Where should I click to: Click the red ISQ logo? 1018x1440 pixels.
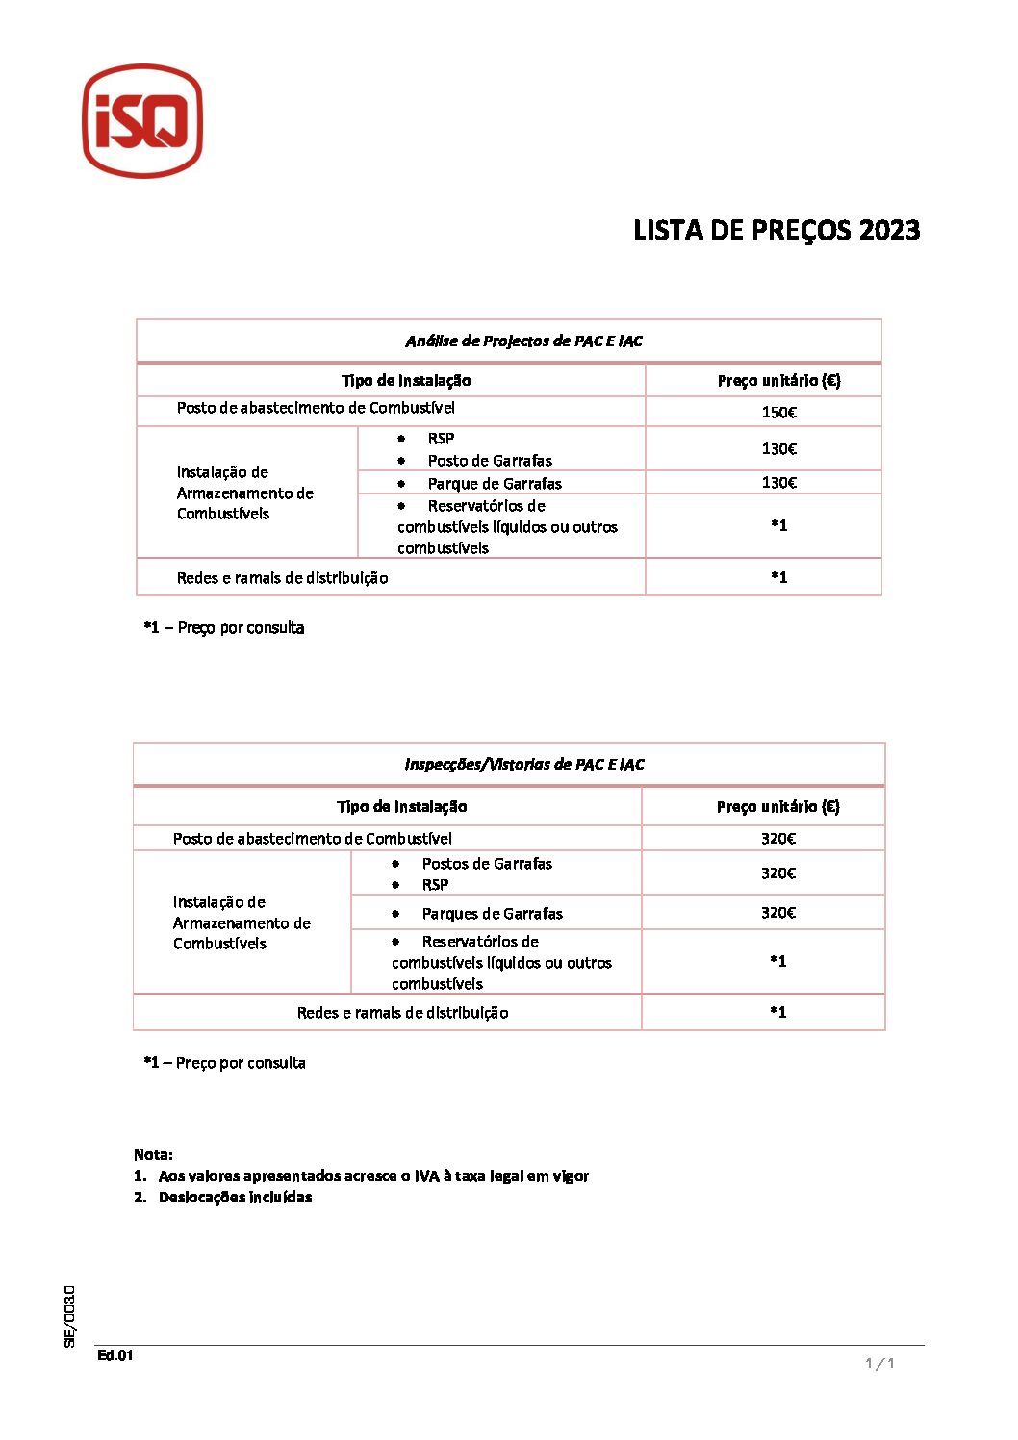142,121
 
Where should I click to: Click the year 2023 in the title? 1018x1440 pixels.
889,231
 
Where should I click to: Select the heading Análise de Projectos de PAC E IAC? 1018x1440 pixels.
523,341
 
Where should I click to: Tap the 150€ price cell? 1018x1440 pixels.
778,413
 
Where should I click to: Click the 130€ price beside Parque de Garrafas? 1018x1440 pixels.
778,483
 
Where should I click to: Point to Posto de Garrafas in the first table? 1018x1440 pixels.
490,461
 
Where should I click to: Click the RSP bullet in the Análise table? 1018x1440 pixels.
441,439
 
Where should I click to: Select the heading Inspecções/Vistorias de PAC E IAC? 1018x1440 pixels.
523,765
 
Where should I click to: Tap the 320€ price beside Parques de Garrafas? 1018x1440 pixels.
777,913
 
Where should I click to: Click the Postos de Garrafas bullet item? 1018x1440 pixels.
487,864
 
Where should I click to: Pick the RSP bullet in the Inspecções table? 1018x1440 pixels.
435,885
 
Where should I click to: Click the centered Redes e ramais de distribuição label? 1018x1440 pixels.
402,1013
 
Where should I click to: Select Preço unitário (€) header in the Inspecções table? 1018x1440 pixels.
777,807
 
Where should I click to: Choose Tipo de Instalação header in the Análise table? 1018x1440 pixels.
405,381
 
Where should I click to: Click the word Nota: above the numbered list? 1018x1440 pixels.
153,1154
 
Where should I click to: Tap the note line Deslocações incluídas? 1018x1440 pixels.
235,1198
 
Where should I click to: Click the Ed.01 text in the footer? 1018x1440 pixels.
115,1356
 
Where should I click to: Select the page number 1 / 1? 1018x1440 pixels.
879,1363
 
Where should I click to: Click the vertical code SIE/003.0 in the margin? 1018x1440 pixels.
69,1316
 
